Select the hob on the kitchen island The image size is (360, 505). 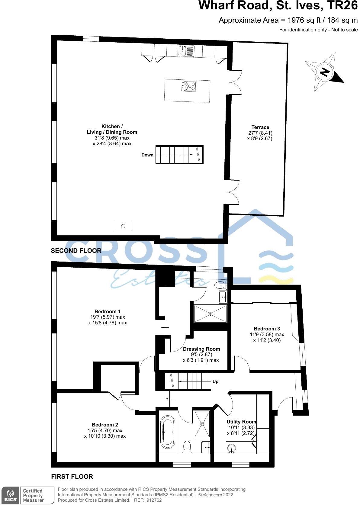coord(189,86)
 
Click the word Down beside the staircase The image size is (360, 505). coord(147,155)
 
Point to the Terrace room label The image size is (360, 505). coord(260,127)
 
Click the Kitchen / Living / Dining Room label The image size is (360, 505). coord(112,129)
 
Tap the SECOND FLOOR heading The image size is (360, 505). coord(76,251)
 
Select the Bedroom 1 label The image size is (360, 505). coord(108,311)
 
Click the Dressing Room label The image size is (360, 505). coord(201,349)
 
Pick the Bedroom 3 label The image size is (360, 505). coord(267,329)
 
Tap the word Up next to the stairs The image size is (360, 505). coord(215,381)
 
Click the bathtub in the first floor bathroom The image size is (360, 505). coord(167,432)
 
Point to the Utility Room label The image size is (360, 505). coord(241,422)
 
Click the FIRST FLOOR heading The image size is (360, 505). coord(72,477)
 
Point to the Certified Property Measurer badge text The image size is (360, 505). coord(33,496)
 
